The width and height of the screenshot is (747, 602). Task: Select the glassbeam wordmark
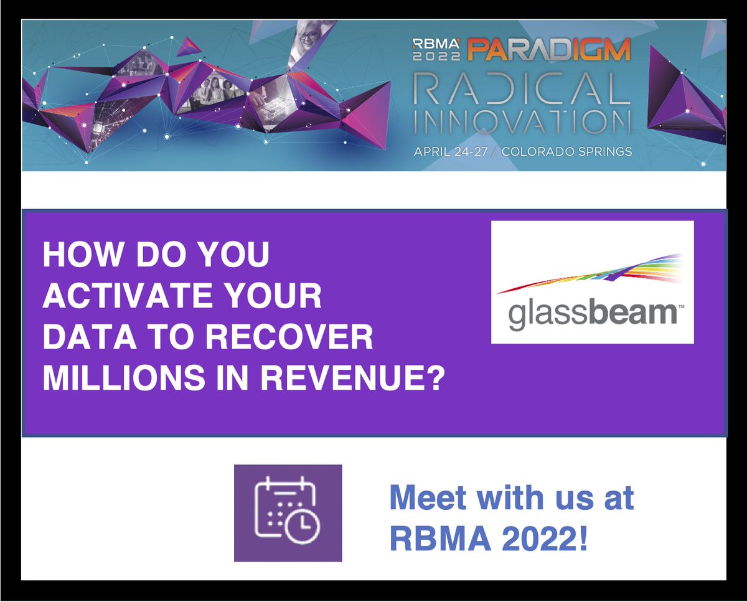pyautogui.click(x=592, y=314)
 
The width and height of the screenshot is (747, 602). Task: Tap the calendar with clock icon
pyautogui.click(x=288, y=512)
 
